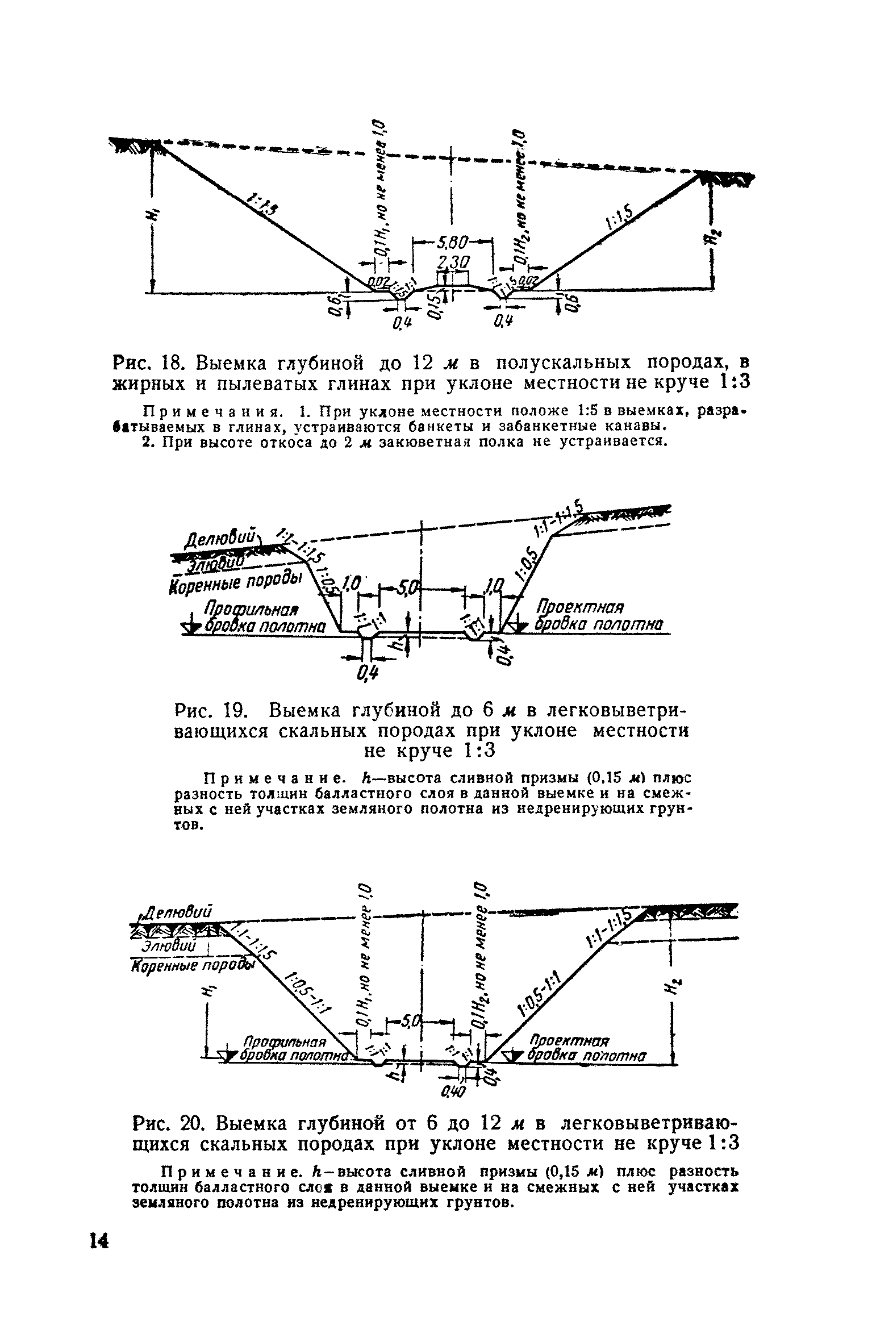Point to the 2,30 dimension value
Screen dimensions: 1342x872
(x=453, y=262)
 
